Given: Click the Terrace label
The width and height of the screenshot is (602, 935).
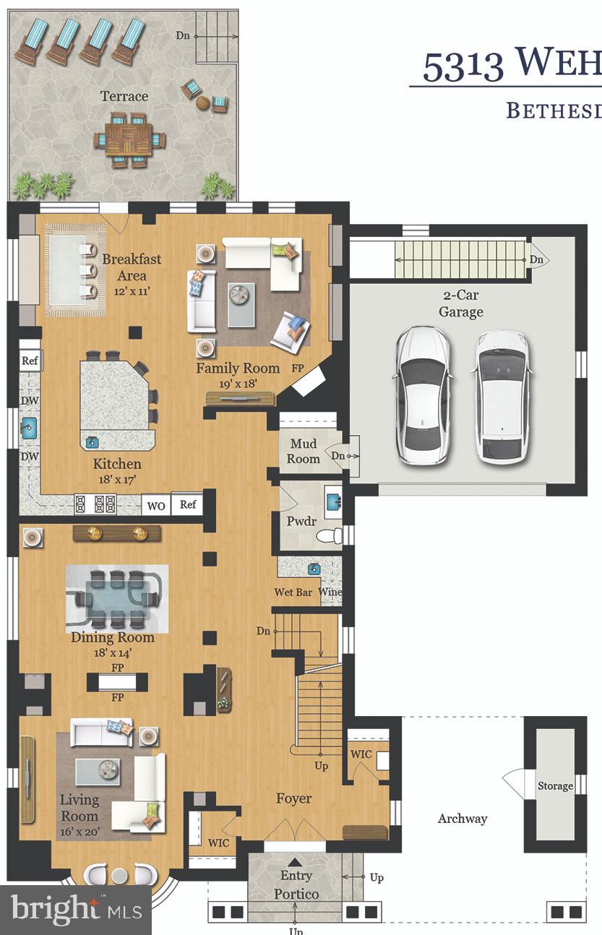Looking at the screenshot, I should tap(124, 96).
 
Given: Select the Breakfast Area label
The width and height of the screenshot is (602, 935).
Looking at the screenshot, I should tap(131, 267).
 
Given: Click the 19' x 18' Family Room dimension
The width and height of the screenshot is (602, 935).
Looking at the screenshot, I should tap(238, 384).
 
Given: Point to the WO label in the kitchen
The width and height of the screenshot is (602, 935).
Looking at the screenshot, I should tap(156, 505).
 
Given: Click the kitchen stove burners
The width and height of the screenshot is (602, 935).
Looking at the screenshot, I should tap(95, 503).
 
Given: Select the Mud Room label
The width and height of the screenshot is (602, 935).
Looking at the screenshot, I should tap(304, 451).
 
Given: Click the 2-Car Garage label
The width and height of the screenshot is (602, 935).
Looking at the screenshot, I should tap(461, 303).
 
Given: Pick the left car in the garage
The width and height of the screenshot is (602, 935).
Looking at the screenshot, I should tap(422, 396).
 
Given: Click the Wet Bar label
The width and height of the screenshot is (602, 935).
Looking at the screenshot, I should tap(293, 593).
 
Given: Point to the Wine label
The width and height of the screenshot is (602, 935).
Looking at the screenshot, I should tap(330, 593).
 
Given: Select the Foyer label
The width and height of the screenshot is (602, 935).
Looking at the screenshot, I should tap(294, 798).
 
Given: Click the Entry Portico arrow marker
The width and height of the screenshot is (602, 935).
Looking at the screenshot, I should tap(295, 862).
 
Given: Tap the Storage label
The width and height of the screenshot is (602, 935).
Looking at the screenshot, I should tap(555, 786).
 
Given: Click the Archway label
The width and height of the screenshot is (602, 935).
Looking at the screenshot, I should tap(463, 819).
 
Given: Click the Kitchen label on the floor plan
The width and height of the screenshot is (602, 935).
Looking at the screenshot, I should tap(116, 464).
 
